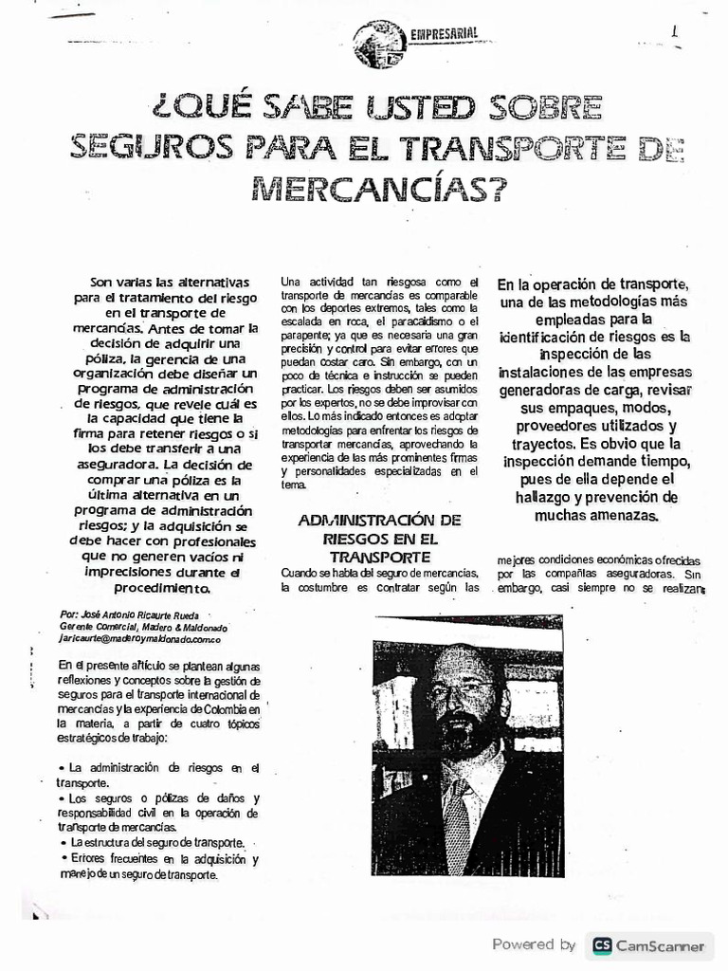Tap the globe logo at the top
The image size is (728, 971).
377,45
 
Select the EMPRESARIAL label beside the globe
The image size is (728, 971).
443,35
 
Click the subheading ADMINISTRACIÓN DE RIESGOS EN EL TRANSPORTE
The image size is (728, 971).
378,538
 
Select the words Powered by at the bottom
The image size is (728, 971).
534,944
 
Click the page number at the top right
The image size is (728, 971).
675,30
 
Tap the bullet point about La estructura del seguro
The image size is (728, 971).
155,843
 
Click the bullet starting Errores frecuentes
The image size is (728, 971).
157,867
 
